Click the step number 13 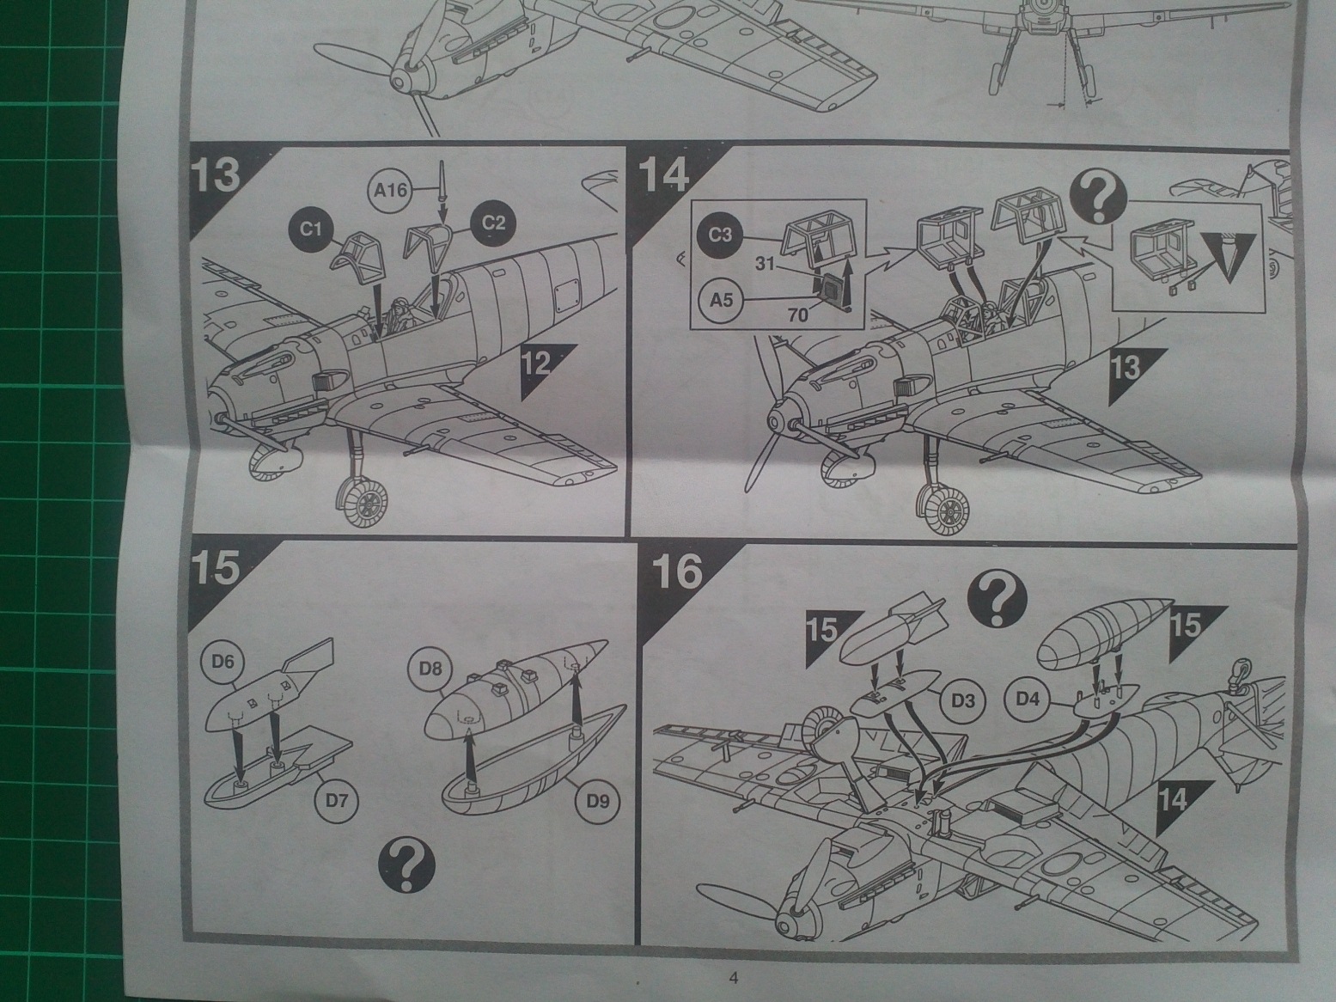coord(214,175)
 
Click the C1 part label coord(311,229)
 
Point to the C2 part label coord(492,223)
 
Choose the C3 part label coord(720,233)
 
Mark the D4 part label coord(1028,699)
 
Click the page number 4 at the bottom coord(733,977)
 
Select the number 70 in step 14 coord(797,315)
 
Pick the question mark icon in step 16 coord(997,598)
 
